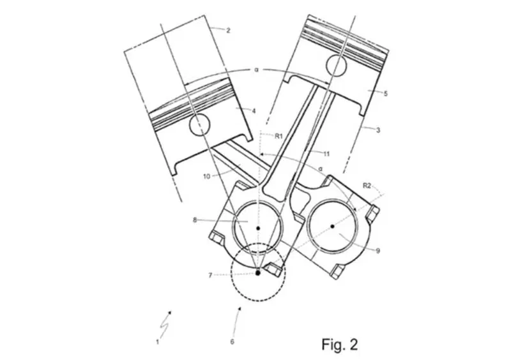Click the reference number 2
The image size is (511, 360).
(x=228, y=31)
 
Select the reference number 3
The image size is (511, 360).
(x=378, y=130)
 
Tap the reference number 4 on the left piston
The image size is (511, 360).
(x=254, y=111)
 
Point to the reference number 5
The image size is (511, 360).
(x=386, y=94)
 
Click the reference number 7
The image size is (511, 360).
(x=211, y=275)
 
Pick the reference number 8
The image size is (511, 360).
(x=195, y=220)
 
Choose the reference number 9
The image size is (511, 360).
(x=378, y=251)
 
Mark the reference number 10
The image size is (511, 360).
(x=207, y=176)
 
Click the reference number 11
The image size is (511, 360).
(x=326, y=153)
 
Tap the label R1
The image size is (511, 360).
(x=278, y=136)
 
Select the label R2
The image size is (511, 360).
(x=367, y=186)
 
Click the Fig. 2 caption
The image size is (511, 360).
(x=340, y=344)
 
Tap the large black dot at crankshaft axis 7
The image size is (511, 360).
(x=258, y=273)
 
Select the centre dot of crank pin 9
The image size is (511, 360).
(x=332, y=226)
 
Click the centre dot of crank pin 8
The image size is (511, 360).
(x=258, y=228)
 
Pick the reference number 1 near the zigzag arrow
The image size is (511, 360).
(x=158, y=342)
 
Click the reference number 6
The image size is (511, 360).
(x=232, y=341)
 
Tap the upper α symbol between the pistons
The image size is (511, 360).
(x=256, y=70)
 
